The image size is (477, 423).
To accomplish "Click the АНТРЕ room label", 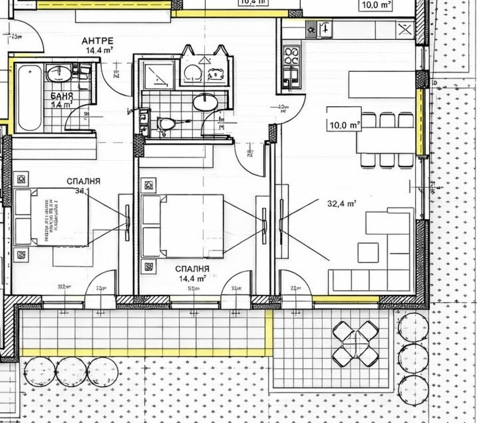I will (97, 41).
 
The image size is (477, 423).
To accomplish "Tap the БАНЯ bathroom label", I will (62, 96).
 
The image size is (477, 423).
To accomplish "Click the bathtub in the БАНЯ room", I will (29, 98).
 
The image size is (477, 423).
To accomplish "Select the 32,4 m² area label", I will (342, 204).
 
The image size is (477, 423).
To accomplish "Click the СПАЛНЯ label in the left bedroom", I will (83, 181).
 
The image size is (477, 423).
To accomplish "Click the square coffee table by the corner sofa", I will (368, 252).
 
